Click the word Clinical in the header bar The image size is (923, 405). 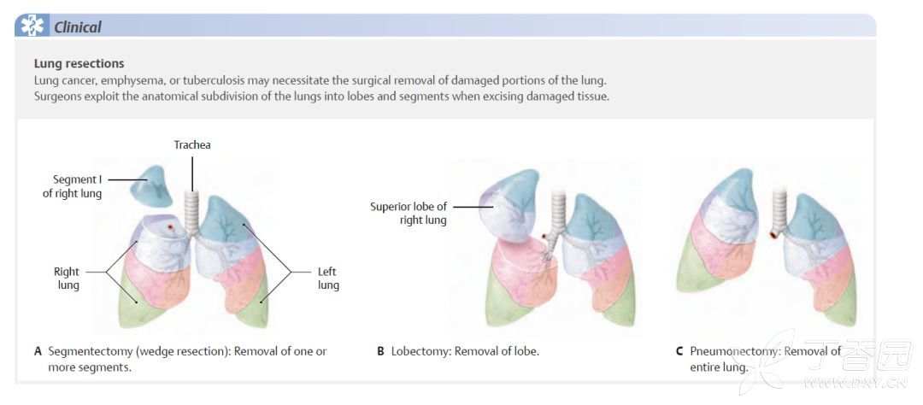point(77,27)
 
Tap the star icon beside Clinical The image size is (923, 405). point(32,26)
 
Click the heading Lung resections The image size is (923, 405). point(79,63)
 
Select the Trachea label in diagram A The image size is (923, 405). point(192,144)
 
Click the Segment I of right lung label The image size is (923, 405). point(73,186)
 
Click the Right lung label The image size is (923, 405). point(66,278)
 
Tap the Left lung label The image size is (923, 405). point(328,278)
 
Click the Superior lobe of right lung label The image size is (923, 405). point(408,213)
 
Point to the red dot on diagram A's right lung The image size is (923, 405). point(170,226)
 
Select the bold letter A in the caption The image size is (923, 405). point(38,351)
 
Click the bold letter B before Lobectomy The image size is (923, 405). point(380,351)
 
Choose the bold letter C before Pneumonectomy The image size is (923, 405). point(679,351)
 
